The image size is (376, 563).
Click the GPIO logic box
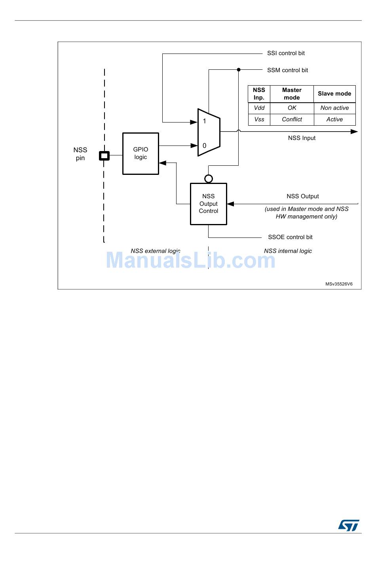[141, 153]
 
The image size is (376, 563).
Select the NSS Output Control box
[208, 204]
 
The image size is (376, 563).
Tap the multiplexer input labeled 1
[204, 121]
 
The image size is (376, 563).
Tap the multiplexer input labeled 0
[204, 146]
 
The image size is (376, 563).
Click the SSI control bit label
[286, 53]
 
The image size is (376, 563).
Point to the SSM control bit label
[287, 70]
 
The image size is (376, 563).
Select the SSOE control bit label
[290, 237]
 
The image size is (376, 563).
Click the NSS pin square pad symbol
[104, 156]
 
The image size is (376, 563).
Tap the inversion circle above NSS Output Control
[209, 179]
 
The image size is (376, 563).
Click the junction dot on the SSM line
[239, 70]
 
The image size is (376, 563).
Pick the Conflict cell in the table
[292, 119]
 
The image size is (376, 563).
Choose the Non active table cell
[334, 108]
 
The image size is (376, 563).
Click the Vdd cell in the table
[259, 108]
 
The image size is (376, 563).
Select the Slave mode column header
[334, 94]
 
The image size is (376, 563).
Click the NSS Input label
[302, 138]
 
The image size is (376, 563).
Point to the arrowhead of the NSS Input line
[354, 132]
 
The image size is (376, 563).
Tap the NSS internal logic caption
[288, 251]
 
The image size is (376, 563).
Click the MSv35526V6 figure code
[339, 284]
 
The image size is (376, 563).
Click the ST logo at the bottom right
[349, 525]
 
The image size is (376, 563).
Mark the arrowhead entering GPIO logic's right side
[162, 163]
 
